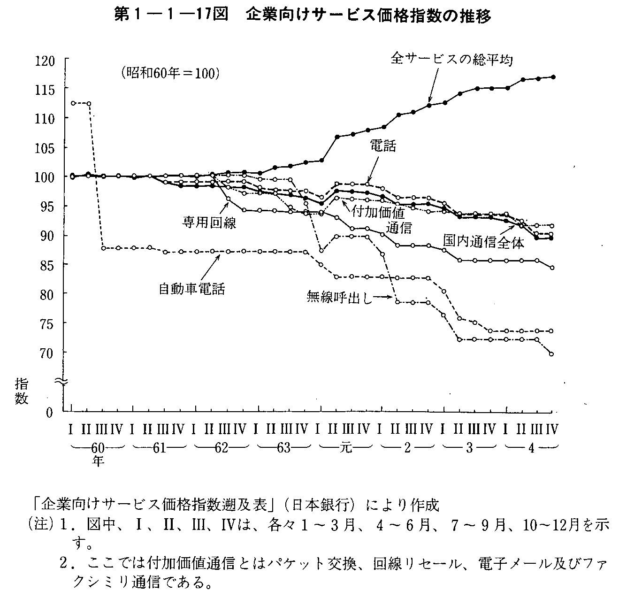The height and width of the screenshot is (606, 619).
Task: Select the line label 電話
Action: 382,146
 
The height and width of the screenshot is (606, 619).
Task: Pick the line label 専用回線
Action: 209,222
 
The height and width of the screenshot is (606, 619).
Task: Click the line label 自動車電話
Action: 192,288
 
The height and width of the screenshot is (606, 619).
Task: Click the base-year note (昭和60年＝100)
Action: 168,73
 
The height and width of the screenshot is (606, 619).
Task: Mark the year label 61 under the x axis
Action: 159,447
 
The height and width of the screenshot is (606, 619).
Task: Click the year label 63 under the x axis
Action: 283,447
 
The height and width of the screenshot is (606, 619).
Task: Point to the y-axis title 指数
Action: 22,391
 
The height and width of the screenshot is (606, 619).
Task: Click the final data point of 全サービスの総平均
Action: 552,77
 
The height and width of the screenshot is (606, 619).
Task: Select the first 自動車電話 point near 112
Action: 73,103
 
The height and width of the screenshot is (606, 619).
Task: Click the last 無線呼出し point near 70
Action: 551,354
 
